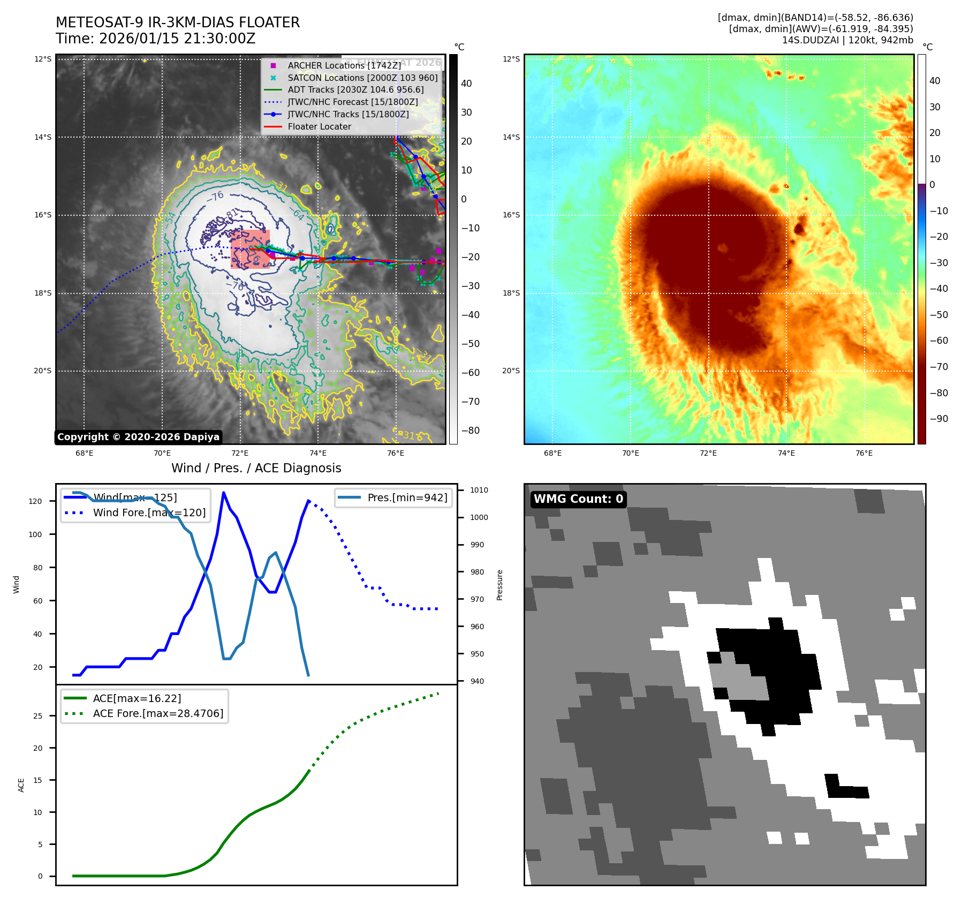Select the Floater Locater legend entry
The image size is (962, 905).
coord(319,126)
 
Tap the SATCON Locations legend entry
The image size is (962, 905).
coord(362,78)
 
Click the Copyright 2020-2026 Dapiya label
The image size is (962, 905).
coord(138,437)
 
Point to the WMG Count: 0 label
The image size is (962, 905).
coord(578,499)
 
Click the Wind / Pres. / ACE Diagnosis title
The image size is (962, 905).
coord(256,468)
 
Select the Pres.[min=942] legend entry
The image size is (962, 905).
coord(407,497)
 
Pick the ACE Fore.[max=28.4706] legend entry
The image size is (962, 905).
coord(158,713)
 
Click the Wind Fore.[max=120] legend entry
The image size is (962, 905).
coord(149,512)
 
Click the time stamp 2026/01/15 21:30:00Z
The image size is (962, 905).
coord(177,39)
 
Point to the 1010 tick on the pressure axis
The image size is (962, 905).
coord(479,490)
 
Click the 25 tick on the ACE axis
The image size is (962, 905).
coord(38,716)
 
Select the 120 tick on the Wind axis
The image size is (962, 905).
coord(35,501)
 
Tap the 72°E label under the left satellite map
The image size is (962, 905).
coord(240,453)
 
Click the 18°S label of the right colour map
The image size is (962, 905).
coord(511,293)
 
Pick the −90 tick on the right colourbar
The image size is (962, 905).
coord(938,419)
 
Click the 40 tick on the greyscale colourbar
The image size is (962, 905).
coord(466,84)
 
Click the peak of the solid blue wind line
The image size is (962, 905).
coord(223,493)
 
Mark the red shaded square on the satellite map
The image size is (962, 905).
coord(250,249)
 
